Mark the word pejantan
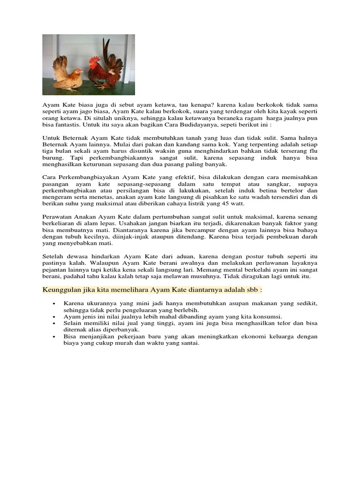[54, 270]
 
